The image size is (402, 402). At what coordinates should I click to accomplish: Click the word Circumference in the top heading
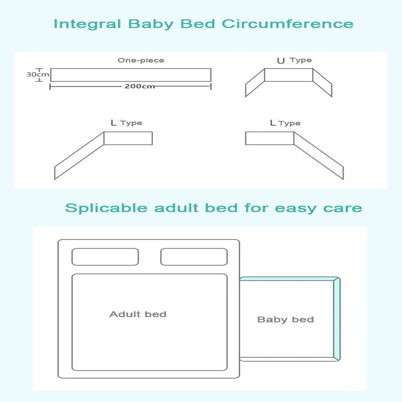click(288, 24)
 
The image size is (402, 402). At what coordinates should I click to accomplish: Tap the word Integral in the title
click(87, 24)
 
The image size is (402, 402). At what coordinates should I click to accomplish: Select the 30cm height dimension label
click(37, 75)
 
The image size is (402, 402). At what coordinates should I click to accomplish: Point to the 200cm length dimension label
click(140, 86)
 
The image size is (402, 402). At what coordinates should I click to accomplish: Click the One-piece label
click(141, 60)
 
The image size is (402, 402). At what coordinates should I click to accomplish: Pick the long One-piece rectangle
click(130, 75)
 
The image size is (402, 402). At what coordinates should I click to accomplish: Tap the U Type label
click(294, 60)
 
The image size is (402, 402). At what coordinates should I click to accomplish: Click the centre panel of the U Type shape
click(289, 75)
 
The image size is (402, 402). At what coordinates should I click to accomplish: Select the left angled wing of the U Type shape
click(255, 83)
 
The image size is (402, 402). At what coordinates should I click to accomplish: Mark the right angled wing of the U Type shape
click(322, 83)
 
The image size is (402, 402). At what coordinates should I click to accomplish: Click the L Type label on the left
click(126, 123)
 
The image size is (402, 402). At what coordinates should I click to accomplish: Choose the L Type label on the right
click(285, 123)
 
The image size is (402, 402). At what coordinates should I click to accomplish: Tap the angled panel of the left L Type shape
click(79, 156)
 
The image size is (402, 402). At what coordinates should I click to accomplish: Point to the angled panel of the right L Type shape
click(319, 156)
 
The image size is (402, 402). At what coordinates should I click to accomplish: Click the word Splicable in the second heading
click(106, 208)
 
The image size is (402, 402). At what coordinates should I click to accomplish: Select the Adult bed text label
click(138, 314)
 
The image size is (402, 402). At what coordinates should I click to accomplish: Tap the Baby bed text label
click(285, 319)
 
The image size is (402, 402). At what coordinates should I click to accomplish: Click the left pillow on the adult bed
click(105, 257)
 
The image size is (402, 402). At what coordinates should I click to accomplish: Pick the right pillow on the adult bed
click(194, 257)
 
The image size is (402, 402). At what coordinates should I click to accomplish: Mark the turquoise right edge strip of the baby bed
click(337, 319)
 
